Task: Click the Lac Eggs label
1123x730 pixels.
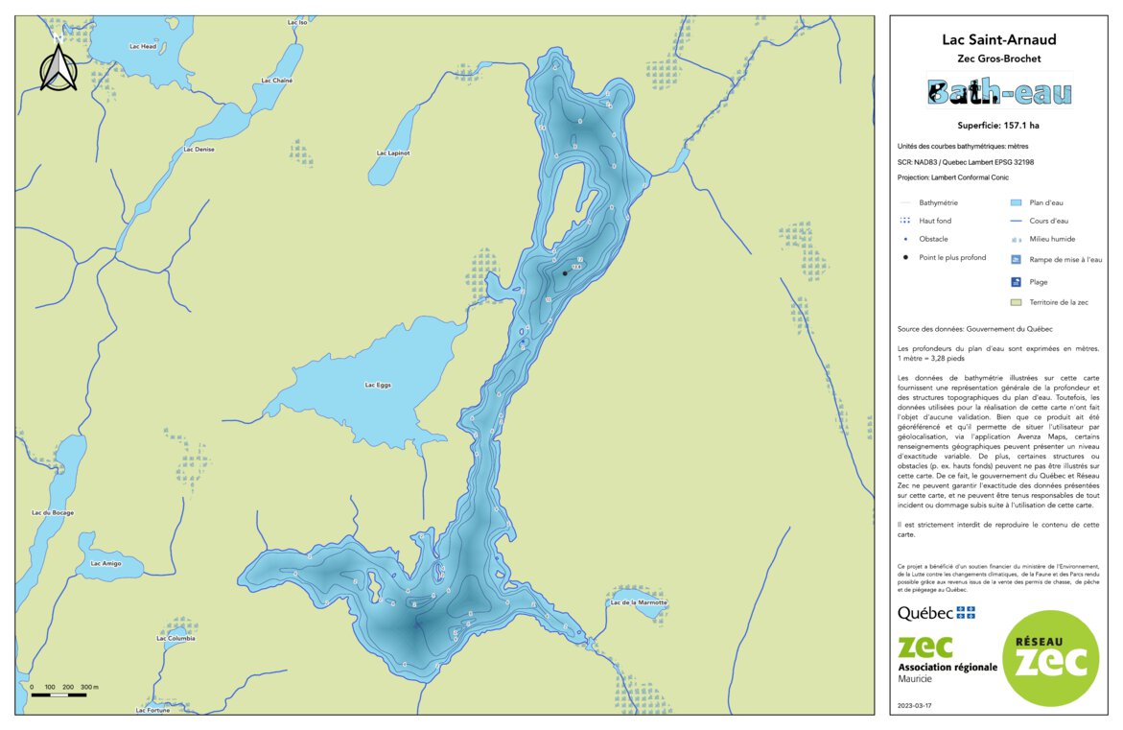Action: coord(378,385)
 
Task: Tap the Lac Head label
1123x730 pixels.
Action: coord(142,46)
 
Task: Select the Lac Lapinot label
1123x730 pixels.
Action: coord(393,153)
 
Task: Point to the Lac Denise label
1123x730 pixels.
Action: coord(199,149)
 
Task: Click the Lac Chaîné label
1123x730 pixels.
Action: coord(276,81)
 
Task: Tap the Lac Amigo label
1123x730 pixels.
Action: coord(105,563)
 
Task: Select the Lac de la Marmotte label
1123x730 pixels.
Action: coord(637,602)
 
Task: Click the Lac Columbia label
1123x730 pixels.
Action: coord(175,638)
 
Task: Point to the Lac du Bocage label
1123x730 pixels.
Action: coord(53,513)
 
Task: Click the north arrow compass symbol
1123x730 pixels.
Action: coord(58,67)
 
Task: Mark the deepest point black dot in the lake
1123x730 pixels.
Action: coord(565,273)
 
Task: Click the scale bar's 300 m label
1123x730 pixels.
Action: coord(89,688)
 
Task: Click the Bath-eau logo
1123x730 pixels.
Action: coord(999,92)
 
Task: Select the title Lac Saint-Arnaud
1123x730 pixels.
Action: coord(999,39)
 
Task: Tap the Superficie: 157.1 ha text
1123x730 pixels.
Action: coord(999,125)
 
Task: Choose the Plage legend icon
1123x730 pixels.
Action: coord(1016,282)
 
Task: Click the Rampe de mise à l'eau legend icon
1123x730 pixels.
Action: coord(1016,259)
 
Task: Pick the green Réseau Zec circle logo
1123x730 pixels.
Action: coord(1051,659)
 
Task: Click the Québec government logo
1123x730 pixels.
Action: coord(936,613)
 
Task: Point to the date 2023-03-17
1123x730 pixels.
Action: coord(914,705)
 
